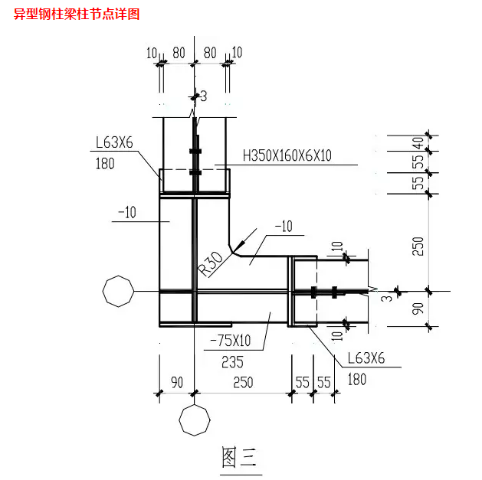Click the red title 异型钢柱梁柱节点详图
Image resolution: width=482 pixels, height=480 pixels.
point(77,14)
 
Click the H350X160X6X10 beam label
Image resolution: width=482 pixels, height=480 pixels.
point(287,155)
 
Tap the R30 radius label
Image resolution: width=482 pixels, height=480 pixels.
point(211,263)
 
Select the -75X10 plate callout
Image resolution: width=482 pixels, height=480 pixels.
point(230,341)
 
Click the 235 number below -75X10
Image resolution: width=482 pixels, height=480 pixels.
point(232,362)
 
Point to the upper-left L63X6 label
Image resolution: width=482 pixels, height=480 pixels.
point(114,142)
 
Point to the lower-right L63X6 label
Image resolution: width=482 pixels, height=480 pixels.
point(366,358)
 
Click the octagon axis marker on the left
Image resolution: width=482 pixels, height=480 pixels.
point(118,291)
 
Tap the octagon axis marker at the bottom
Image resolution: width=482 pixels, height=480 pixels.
point(195,420)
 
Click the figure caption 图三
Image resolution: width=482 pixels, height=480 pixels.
point(239,458)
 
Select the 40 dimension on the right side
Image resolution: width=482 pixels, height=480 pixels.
point(418,143)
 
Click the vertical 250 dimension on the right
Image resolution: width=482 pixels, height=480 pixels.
point(418,247)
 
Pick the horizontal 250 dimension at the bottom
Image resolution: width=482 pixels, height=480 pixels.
point(243,383)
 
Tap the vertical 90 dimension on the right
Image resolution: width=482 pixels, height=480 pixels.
point(418,309)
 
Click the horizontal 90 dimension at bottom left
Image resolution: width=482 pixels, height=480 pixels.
point(177,383)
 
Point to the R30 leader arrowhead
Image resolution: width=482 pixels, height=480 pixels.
point(238,247)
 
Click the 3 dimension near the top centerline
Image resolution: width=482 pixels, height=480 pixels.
point(204,96)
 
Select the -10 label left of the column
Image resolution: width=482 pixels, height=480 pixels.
point(127,212)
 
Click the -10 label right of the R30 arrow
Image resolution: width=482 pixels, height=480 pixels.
point(284,227)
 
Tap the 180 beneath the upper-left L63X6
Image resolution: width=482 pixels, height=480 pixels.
point(105,164)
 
